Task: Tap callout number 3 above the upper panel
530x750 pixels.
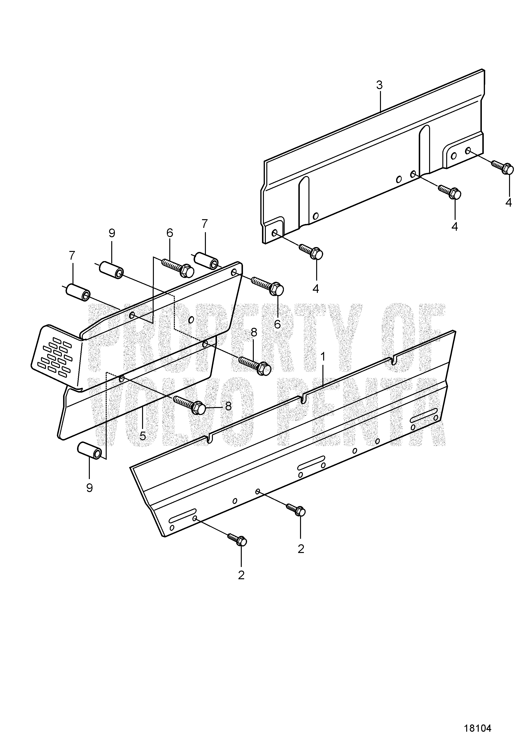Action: (379, 85)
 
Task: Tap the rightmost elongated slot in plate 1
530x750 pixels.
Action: (424, 414)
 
